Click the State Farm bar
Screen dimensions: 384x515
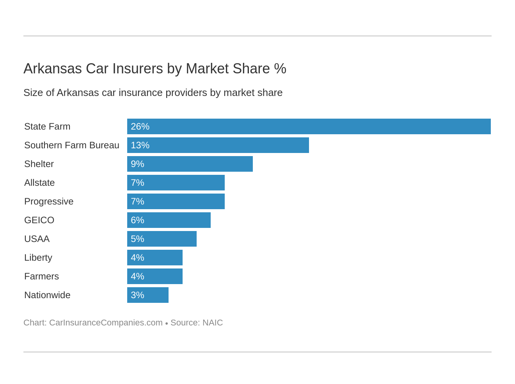[x=309, y=126]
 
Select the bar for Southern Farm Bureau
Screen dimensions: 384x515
[x=218, y=145]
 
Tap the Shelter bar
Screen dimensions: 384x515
[x=190, y=164]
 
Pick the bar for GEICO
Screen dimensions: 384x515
[x=169, y=220]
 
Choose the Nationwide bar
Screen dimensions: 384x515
[x=147, y=295]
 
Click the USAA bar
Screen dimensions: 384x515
[x=162, y=239]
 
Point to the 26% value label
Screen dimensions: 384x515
[x=140, y=126]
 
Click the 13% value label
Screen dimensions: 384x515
[x=140, y=145]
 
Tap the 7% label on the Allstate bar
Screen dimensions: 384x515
[x=137, y=183]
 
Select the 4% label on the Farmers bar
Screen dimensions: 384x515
[x=137, y=276]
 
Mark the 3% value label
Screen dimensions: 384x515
[x=137, y=295]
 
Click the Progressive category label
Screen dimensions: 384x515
[x=49, y=201]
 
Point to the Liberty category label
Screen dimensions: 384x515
[x=38, y=258]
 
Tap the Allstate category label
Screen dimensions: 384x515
[x=39, y=183]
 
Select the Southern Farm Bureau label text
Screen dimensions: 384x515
[x=72, y=145]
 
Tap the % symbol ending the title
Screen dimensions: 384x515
[x=280, y=69]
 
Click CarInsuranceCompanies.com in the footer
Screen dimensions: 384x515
[x=106, y=323]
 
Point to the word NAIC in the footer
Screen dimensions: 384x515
[x=213, y=323]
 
